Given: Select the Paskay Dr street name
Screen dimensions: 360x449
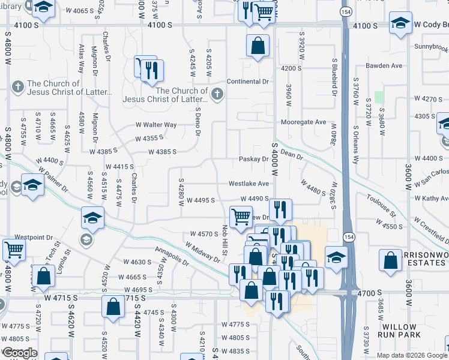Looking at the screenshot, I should click(x=253, y=159).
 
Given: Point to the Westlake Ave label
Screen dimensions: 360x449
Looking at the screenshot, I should click(x=249, y=184).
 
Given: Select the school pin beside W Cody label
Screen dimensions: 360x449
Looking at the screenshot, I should click(x=400, y=23).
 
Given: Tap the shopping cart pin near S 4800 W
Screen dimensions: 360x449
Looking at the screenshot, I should click(x=14, y=250).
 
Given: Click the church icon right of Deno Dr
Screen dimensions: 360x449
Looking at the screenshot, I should click(x=217, y=94).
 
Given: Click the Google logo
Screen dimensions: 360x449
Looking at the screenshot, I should click(x=19, y=353).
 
